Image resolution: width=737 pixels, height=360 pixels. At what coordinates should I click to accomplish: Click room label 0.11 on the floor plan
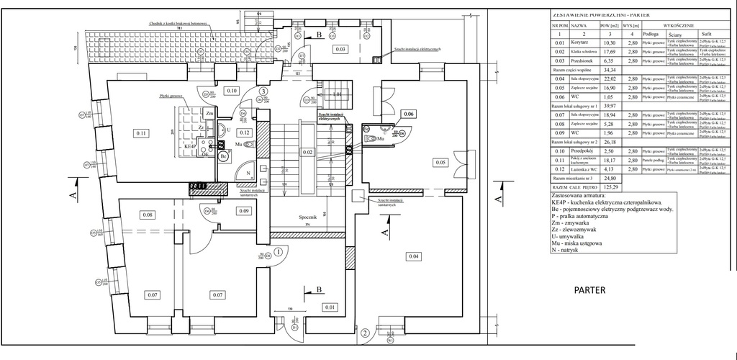[141, 132]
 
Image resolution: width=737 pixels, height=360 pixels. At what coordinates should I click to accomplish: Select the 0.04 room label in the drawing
[414, 256]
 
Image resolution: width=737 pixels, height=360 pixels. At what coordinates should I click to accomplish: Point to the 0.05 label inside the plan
[441, 163]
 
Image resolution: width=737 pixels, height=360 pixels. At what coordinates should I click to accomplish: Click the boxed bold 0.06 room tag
[409, 114]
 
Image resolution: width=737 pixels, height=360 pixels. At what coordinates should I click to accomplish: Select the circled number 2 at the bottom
[366, 333]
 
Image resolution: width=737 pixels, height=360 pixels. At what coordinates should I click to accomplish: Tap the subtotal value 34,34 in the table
[611, 70]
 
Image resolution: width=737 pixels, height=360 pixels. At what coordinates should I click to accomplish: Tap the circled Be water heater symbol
[224, 156]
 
